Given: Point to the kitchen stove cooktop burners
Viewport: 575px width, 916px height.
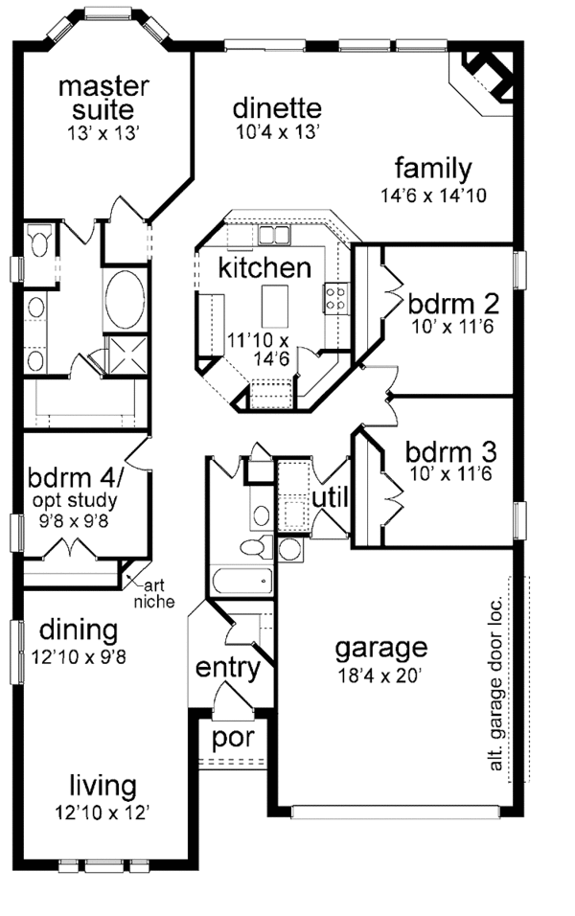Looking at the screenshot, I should click(x=336, y=296).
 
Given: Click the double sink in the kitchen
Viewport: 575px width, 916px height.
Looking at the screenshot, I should click(x=272, y=235).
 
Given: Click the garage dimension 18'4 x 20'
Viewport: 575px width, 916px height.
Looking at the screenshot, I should click(x=380, y=674).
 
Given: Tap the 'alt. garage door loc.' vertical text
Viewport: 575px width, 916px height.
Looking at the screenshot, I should click(x=495, y=678).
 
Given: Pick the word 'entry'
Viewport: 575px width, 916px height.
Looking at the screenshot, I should click(x=228, y=668).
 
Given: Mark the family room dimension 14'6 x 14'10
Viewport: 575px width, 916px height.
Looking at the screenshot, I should click(x=433, y=195).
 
